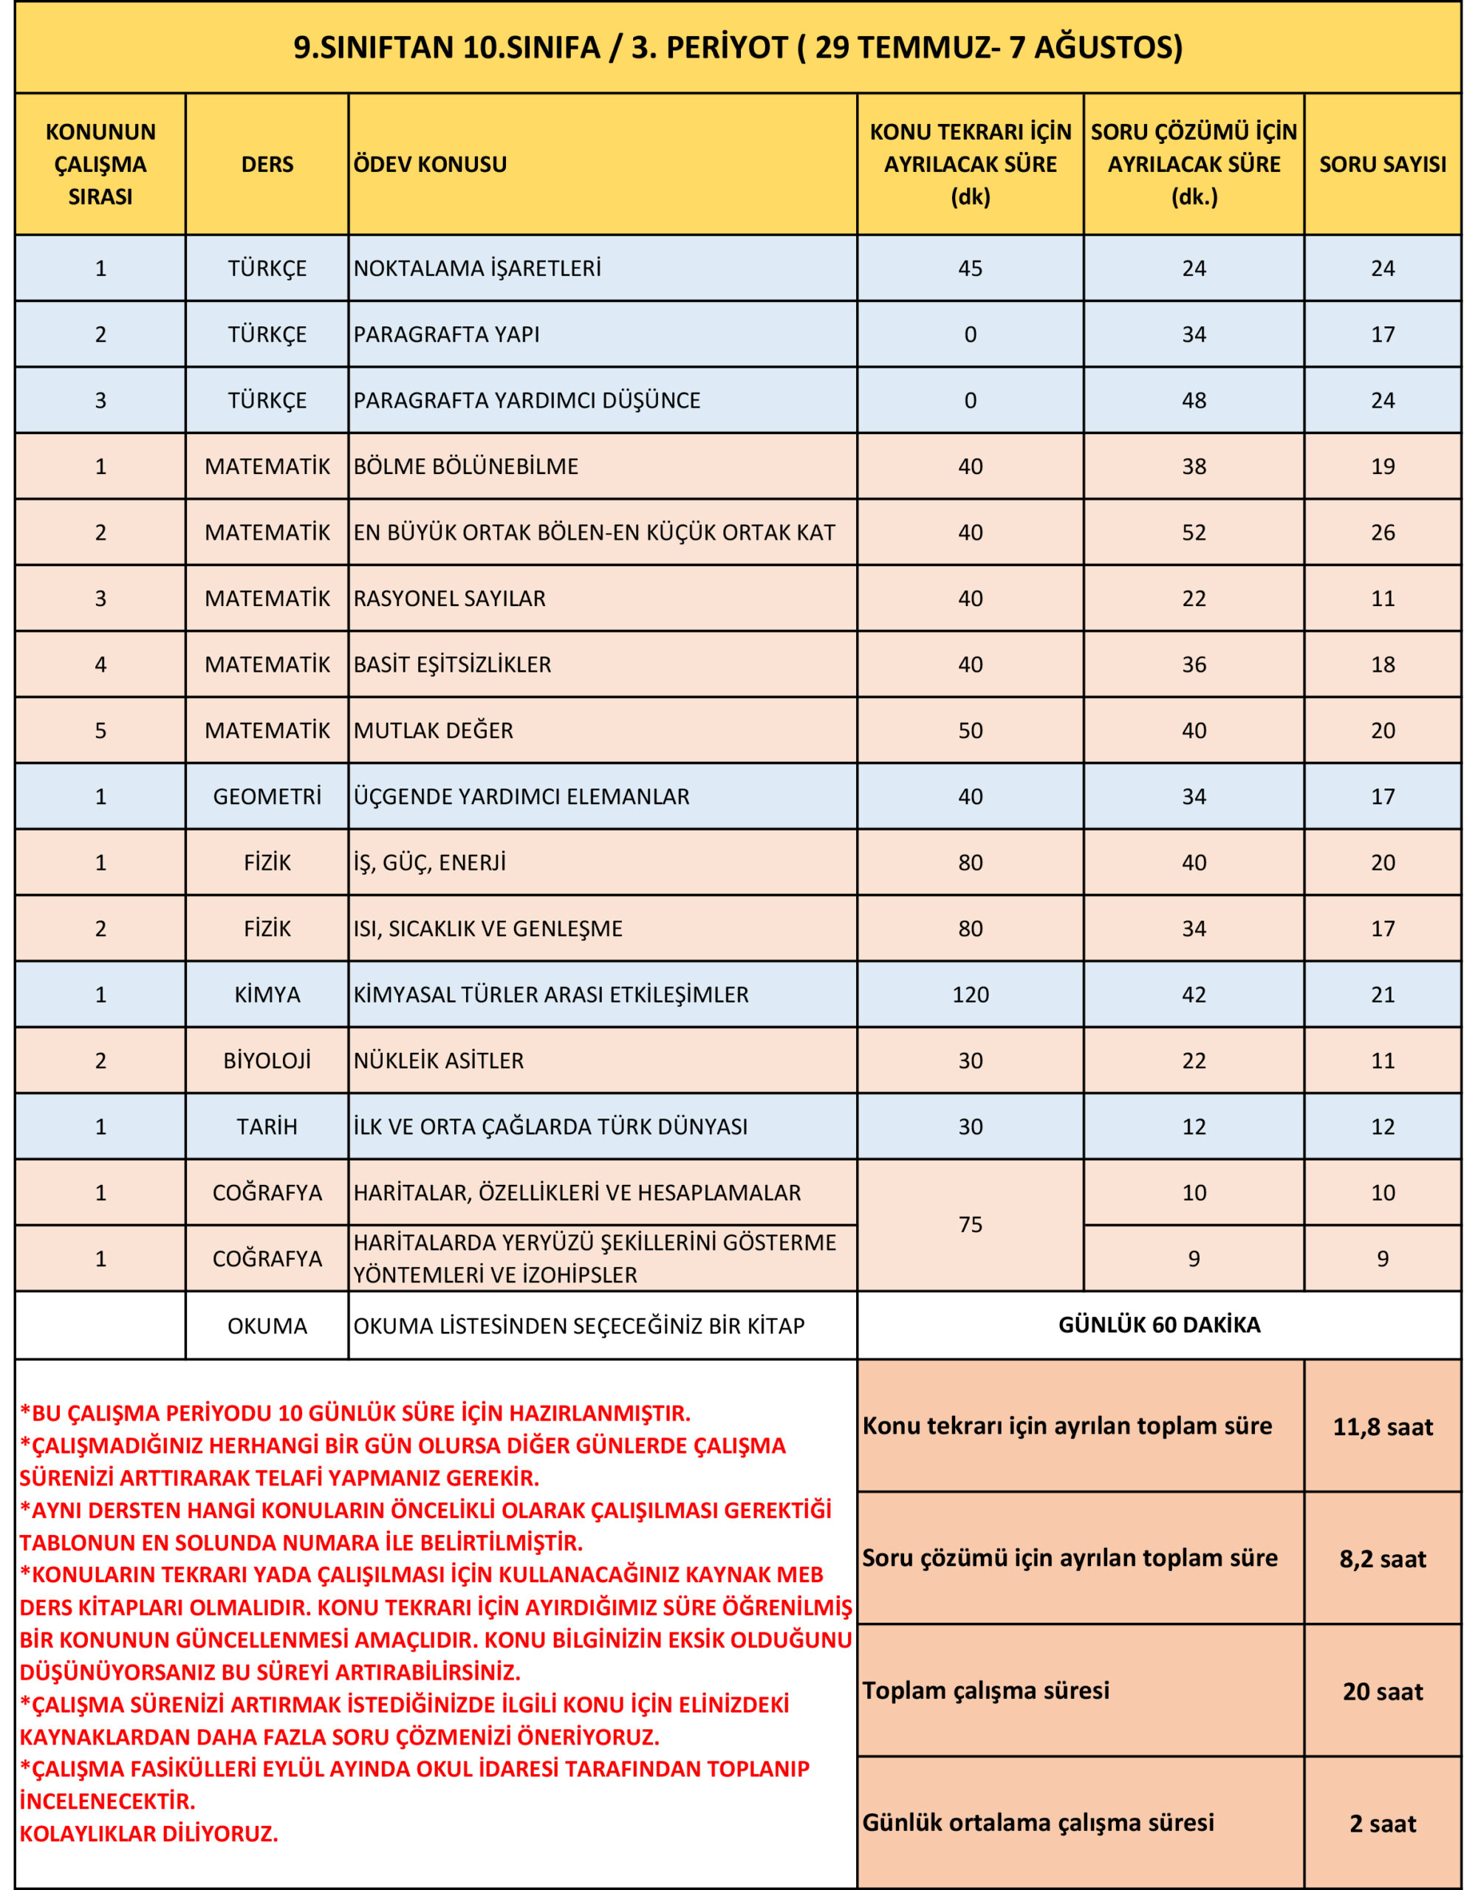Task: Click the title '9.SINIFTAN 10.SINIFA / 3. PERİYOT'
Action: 738,47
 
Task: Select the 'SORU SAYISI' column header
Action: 1382,165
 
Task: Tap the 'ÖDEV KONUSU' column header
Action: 431,165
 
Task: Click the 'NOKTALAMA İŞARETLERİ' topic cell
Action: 477,268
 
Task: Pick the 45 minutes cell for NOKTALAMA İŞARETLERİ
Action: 970,268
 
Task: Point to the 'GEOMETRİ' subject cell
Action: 267,796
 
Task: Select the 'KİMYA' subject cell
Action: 267,994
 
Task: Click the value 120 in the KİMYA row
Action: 970,994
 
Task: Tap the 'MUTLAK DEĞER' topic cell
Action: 433,730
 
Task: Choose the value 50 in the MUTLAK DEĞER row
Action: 970,730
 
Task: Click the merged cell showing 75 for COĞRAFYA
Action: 970,1225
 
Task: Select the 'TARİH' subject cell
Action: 267,1127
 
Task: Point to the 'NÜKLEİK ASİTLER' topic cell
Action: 438,1061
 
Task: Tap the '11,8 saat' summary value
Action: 1382,1427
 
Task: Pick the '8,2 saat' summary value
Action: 1382,1559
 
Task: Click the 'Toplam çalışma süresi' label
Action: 985,1691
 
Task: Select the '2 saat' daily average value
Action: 1382,1824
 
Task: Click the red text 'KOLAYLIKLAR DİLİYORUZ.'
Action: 149,1834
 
